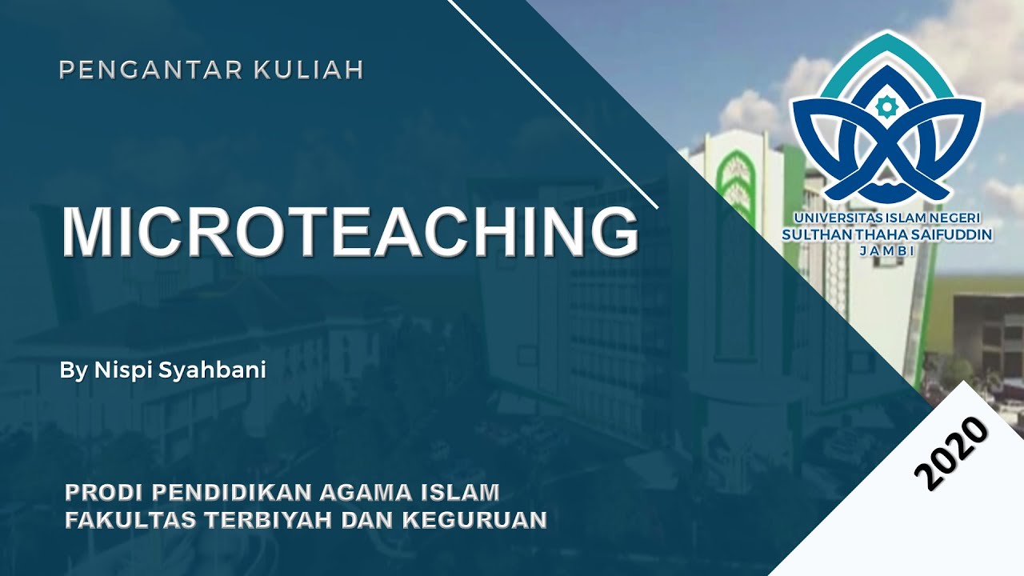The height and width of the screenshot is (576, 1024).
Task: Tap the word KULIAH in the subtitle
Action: pyautogui.click(x=309, y=70)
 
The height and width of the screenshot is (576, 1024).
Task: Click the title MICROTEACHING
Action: pyautogui.click(x=350, y=232)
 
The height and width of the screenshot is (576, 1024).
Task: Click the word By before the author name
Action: pyautogui.click(x=71, y=371)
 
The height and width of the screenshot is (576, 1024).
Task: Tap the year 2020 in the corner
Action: pyautogui.click(x=951, y=454)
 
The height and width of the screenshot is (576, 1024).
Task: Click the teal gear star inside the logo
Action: pyautogui.click(x=885, y=106)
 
